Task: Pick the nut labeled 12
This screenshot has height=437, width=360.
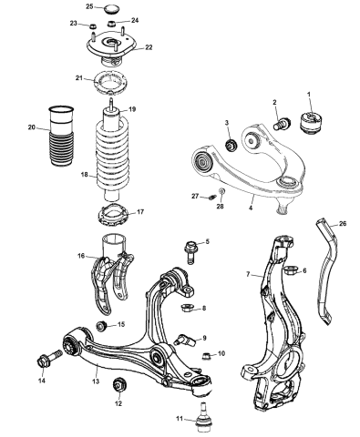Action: pyautogui.click(x=118, y=389)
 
